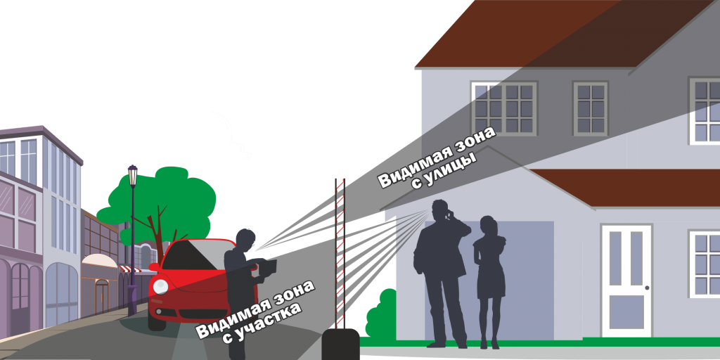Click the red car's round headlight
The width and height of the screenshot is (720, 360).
point(161,286)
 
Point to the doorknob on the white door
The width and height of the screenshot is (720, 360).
point(646,288)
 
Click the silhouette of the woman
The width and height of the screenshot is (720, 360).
point(489,281)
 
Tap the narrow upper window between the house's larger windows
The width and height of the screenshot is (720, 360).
point(589,109)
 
